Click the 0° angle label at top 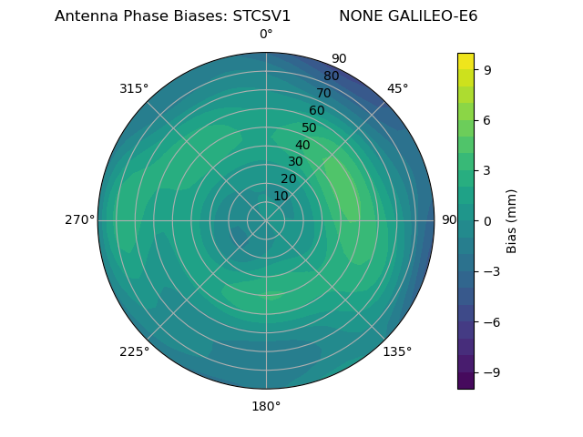266,35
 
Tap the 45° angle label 397,88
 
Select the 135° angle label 397,351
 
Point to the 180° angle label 266,406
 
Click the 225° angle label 134,351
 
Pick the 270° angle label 79,219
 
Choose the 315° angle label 134,88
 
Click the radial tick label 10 281,196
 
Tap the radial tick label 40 302,145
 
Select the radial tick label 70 324,93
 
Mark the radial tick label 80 332,76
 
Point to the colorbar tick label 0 488,220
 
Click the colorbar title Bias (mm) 512,220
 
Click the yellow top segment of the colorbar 465,61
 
